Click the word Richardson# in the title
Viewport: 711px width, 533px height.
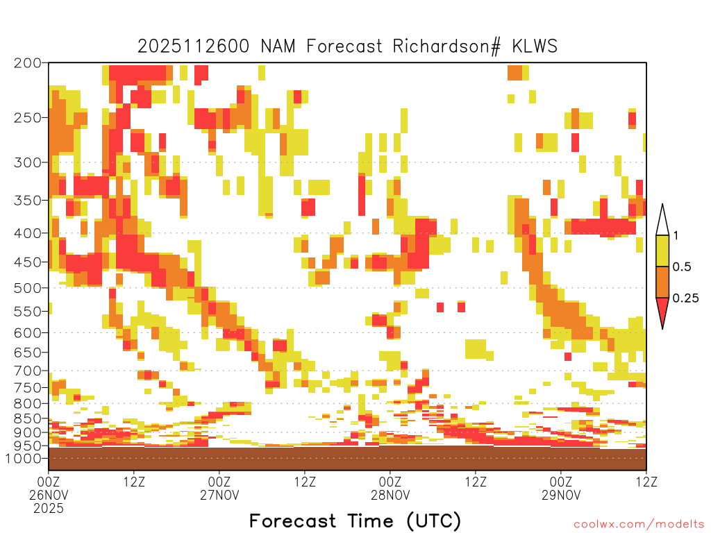click(x=446, y=46)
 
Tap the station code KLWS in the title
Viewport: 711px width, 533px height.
click(x=535, y=46)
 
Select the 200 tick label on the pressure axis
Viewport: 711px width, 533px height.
click(x=27, y=63)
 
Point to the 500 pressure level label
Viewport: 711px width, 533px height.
click(x=27, y=288)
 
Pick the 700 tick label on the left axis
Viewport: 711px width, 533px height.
click(x=27, y=371)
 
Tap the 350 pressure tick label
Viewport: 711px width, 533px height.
click(x=27, y=201)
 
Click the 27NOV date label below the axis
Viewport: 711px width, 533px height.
click(x=219, y=495)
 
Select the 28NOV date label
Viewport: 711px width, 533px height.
click(x=390, y=495)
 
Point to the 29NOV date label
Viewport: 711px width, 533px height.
click(x=561, y=495)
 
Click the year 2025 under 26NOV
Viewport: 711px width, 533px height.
click(x=49, y=509)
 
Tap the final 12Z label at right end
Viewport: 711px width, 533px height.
click(x=646, y=482)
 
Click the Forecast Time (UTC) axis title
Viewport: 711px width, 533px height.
click(x=355, y=521)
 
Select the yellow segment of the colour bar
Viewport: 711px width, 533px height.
click(x=662, y=251)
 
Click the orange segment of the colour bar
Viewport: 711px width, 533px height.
click(x=662, y=282)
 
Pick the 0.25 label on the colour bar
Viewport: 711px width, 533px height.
click(x=685, y=298)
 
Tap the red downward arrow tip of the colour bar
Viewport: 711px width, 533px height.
click(x=662, y=328)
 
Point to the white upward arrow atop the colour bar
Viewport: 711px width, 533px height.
click(x=662, y=220)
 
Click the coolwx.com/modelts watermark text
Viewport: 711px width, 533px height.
click(x=639, y=525)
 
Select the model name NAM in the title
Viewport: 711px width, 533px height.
click(x=278, y=46)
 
